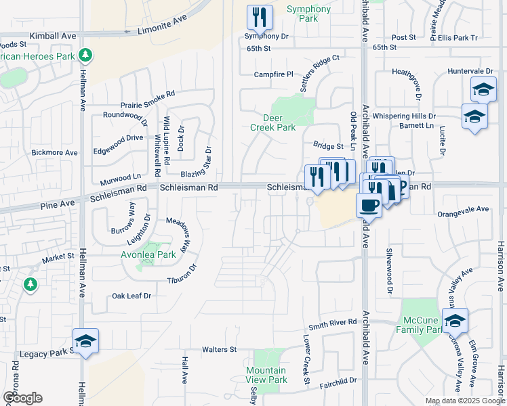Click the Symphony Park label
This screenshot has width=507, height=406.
pyautogui.click(x=308, y=14)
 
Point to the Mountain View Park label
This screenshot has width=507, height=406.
pyautogui.click(x=266, y=375)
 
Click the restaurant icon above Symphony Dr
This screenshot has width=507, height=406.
pyautogui.click(x=260, y=19)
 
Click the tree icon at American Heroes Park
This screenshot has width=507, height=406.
pyautogui.click(x=85, y=54)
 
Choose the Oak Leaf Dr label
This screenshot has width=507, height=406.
pyautogui.click(x=131, y=296)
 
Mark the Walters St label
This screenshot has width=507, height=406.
pyautogui.click(x=219, y=349)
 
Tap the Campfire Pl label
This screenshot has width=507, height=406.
pyautogui.click(x=273, y=74)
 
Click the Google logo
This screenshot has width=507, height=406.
pyautogui.click(x=22, y=398)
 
